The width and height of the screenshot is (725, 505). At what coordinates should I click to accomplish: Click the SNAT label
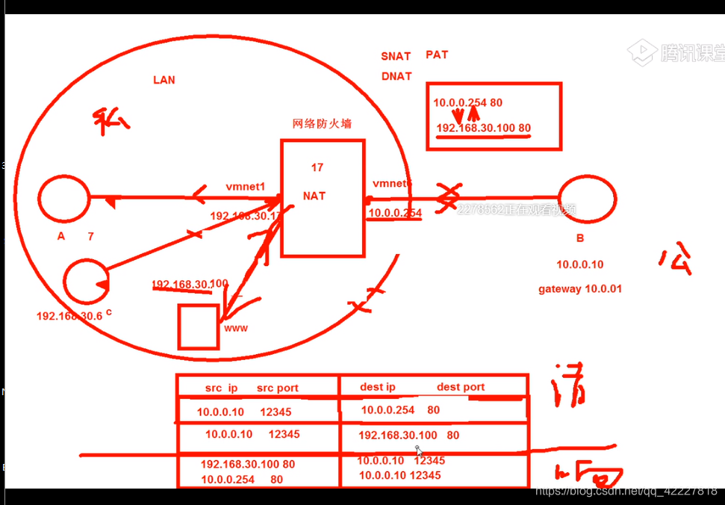(x=396, y=56)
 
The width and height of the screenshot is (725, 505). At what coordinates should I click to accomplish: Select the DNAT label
(x=396, y=76)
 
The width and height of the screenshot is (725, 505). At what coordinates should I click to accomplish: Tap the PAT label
(x=437, y=55)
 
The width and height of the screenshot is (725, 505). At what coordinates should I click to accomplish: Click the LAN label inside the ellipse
(x=164, y=80)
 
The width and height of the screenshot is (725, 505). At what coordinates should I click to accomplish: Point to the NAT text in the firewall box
(x=315, y=196)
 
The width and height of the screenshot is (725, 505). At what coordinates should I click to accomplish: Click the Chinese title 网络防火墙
(x=322, y=124)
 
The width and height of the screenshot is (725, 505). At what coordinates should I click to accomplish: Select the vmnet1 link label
(x=246, y=186)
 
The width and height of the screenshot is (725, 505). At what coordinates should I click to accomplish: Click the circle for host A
(x=64, y=198)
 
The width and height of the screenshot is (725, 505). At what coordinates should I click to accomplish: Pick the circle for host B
(x=587, y=199)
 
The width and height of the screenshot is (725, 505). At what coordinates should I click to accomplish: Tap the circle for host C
(x=86, y=281)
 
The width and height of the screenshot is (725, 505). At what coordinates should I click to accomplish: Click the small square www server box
(x=199, y=326)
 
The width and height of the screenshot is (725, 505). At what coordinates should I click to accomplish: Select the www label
(x=236, y=328)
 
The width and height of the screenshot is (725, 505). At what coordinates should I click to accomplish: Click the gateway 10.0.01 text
(x=580, y=289)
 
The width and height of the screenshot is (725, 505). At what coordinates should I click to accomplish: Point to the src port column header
(x=278, y=388)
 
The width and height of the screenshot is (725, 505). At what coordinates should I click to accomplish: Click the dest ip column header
(x=378, y=387)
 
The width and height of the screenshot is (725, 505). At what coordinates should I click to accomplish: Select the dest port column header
(x=461, y=387)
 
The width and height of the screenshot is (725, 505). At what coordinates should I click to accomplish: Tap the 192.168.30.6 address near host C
(x=69, y=316)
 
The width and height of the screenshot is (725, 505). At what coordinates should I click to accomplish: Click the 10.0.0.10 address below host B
(x=579, y=264)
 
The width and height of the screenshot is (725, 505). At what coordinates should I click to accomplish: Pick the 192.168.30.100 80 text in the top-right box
(x=483, y=128)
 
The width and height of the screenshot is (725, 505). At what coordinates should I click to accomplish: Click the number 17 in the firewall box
(x=317, y=167)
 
